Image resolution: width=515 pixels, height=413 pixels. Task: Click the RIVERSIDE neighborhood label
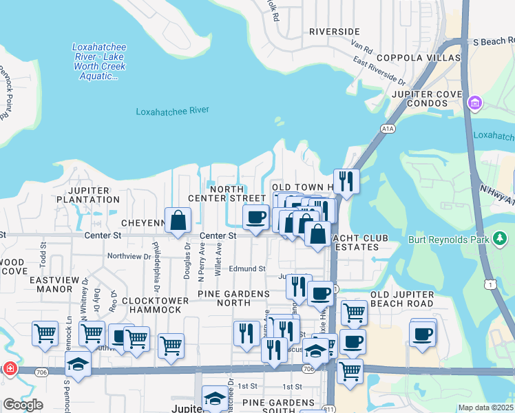[334, 32]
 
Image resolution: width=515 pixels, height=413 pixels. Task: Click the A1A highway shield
[386, 128]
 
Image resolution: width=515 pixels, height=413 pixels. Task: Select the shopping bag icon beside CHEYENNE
[178, 220]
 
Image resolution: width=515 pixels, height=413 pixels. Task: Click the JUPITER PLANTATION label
[94, 195]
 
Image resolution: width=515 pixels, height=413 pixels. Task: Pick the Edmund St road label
[247, 268]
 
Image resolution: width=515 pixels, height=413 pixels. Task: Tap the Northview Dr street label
[129, 256]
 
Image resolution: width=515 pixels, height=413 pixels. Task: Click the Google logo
[23, 405]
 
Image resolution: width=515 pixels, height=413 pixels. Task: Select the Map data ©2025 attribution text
[485, 407]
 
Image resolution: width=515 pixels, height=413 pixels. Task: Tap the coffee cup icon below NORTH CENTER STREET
[255, 217]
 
